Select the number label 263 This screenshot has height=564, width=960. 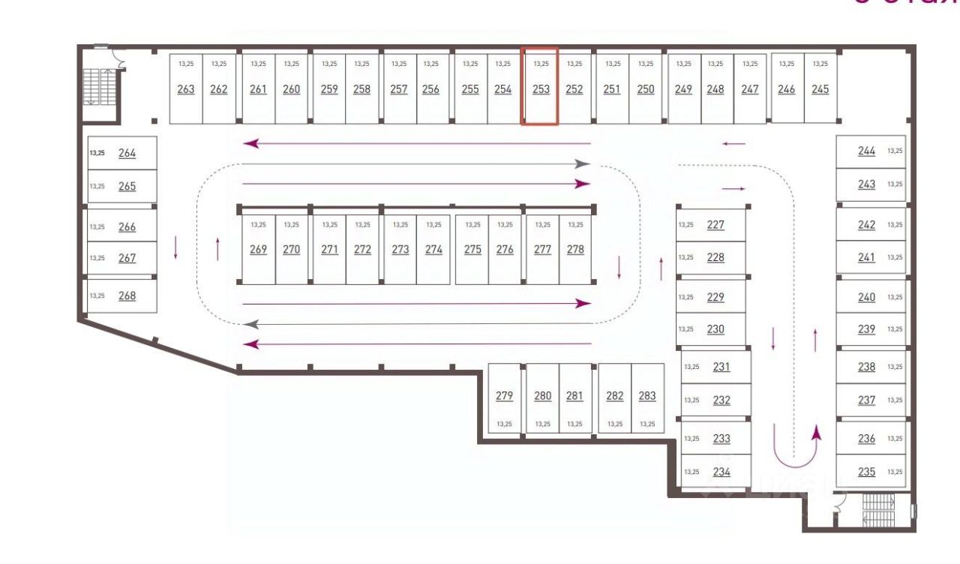point(186,89)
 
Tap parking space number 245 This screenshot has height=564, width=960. point(820,89)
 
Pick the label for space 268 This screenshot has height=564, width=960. point(127,295)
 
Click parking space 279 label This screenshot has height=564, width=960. point(504,396)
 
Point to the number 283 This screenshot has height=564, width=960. point(647,396)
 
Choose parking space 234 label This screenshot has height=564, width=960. point(721,472)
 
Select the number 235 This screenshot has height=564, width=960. point(866,472)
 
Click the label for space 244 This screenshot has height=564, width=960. point(866,151)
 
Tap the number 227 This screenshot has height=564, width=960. point(715,224)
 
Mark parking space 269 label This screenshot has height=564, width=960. point(258,250)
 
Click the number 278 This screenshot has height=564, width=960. point(575,250)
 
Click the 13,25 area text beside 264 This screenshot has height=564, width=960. point(97,153)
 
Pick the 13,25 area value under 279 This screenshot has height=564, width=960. point(504,424)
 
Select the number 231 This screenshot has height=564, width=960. point(721,367)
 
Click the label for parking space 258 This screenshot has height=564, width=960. point(361,89)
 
